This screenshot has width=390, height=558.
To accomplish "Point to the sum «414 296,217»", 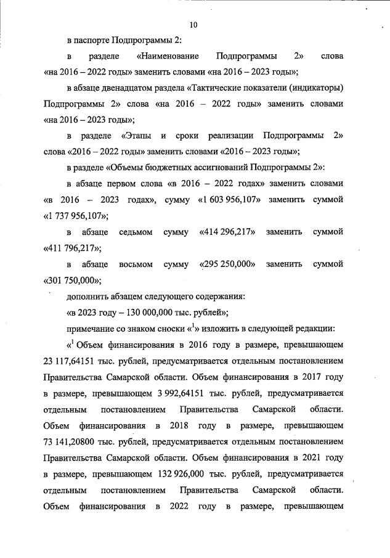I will [228, 232].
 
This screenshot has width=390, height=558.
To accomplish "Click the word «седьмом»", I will [131, 232].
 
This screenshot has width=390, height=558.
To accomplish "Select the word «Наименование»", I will [168, 56].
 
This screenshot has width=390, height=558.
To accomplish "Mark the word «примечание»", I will [91, 327].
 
